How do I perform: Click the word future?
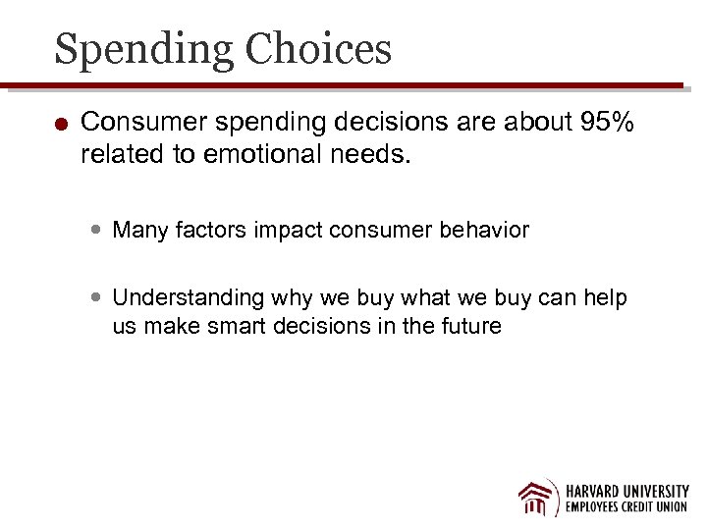(467, 326)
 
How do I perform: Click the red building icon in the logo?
(537, 497)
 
